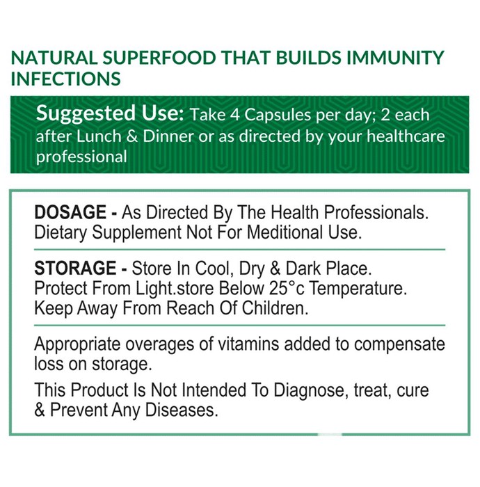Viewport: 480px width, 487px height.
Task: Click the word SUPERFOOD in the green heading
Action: click(x=159, y=58)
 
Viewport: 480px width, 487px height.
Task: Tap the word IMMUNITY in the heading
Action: click(x=395, y=58)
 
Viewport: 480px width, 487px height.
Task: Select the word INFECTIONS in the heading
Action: click(x=66, y=79)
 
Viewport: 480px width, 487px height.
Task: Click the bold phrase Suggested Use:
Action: click(x=110, y=113)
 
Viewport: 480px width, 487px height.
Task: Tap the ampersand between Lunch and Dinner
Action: click(x=132, y=136)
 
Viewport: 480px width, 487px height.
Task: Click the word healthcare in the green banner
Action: click(x=406, y=136)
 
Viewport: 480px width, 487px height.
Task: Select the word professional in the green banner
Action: click(x=81, y=157)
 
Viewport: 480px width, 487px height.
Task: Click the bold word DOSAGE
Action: click(x=70, y=212)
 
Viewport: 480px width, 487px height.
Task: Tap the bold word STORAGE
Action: click(x=75, y=269)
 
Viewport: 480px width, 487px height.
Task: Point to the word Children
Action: click(x=275, y=308)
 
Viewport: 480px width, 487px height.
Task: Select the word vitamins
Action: click(x=248, y=344)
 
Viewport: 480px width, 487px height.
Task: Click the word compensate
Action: click(x=399, y=345)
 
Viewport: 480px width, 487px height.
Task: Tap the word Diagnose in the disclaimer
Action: click(x=310, y=391)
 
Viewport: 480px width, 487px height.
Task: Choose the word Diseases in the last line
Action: click(x=182, y=410)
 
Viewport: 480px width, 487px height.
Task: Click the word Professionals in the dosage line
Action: click(x=376, y=212)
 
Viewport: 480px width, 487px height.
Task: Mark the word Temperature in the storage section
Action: click(x=358, y=289)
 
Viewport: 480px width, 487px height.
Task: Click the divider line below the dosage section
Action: click(x=240, y=249)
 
